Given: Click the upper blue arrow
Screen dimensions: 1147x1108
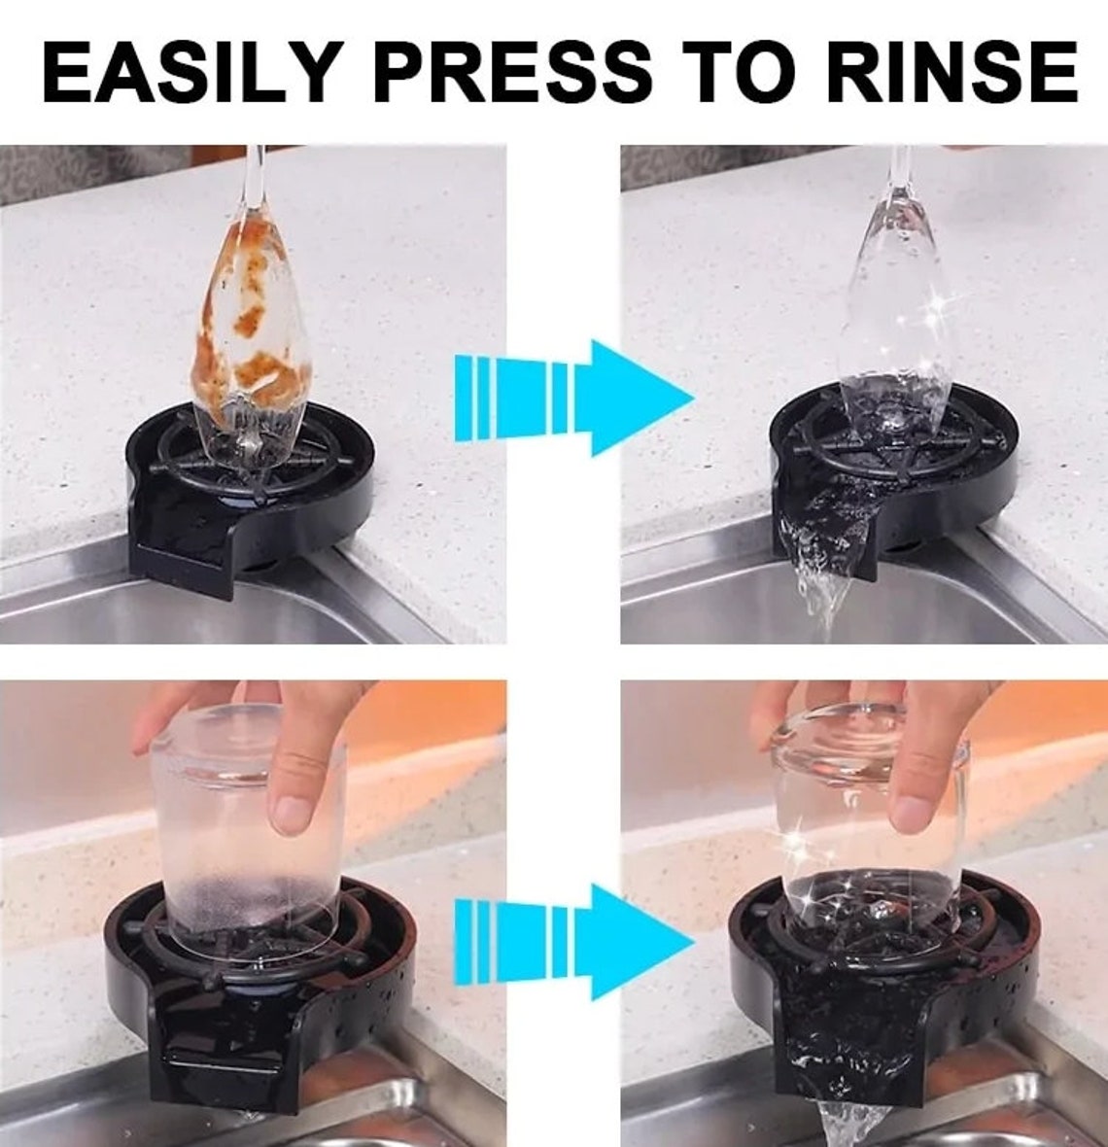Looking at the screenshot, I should click(573, 398).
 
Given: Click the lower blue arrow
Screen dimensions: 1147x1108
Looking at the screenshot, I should click(573, 942).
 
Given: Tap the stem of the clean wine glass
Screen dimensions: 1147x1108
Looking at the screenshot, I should click(898, 175).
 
